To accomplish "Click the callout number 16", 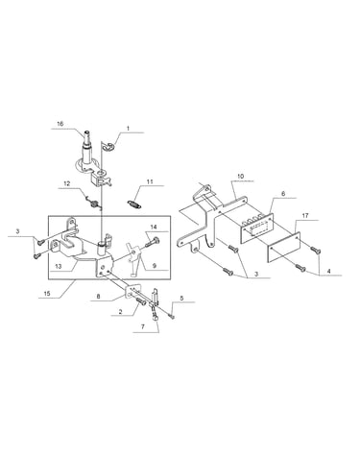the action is click(60, 124).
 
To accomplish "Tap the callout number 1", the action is click(128, 128).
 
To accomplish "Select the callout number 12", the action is click(66, 183).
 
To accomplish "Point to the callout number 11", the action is click(150, 181).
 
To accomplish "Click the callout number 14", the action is click(154, 227).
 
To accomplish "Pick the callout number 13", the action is click(59, 266).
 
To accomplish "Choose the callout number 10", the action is click(241, 176).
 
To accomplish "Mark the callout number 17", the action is click(305, 216).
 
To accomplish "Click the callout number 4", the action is click(329, 271).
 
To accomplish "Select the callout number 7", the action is click(143, 326).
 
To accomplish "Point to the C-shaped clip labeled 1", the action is click(109, 147).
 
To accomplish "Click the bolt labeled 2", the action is click(141, 301).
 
